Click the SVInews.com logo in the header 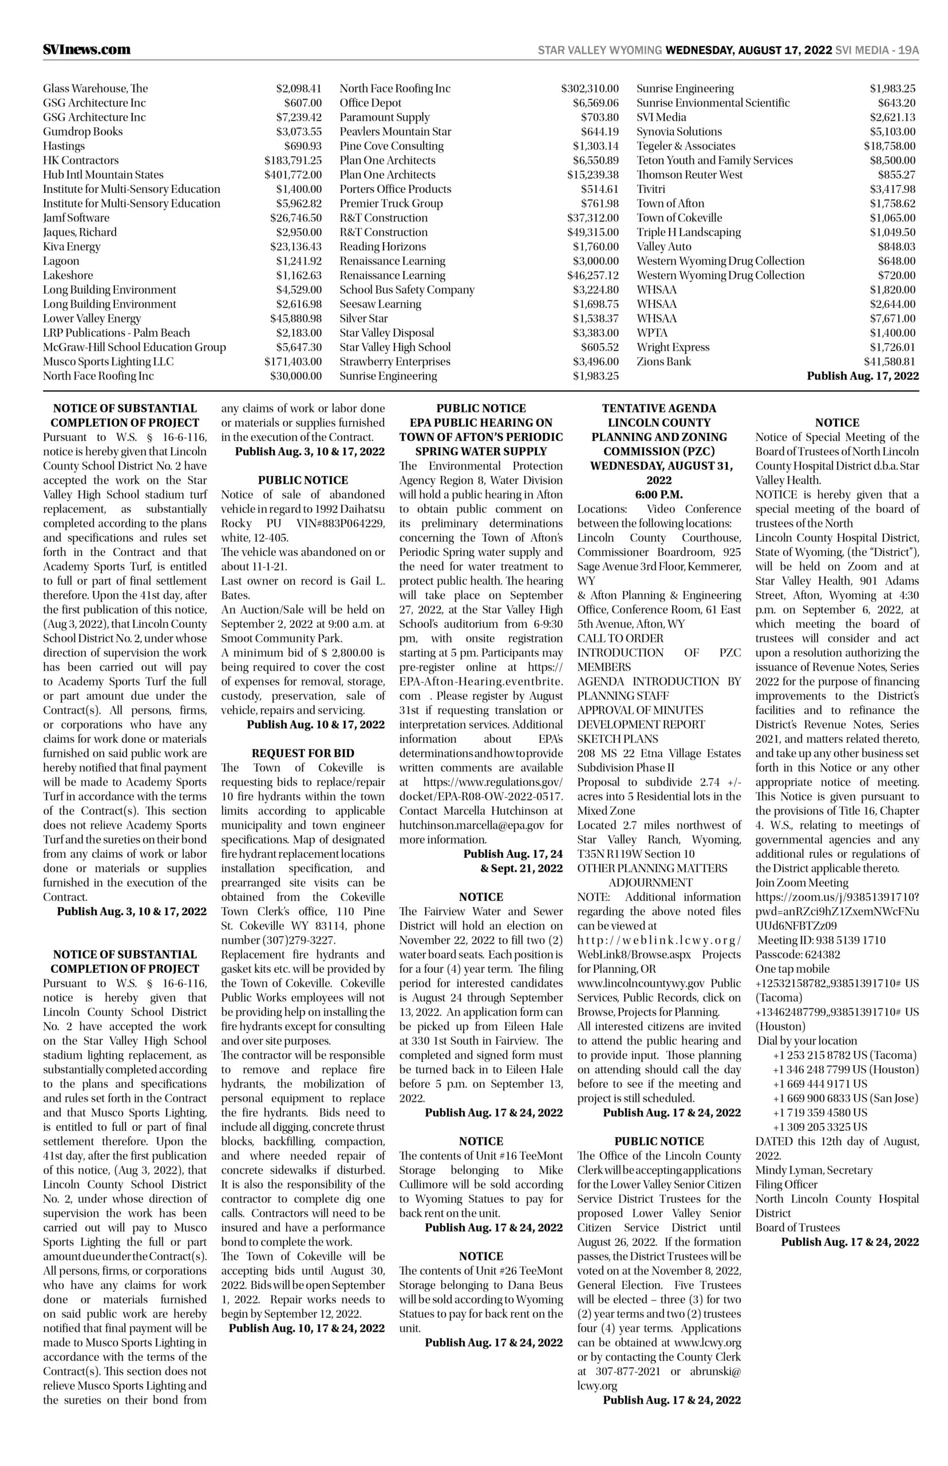[x=86, y=49]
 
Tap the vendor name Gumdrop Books [x=82, y=132]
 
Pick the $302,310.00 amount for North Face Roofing [x=589, y=89]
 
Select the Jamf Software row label [x=76, y=218]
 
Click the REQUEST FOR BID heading [x=303, y=753]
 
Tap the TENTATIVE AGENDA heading [x=659, y=408]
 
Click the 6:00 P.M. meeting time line [x=659, y=494]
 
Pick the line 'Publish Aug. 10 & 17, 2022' [x=315, y=724]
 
